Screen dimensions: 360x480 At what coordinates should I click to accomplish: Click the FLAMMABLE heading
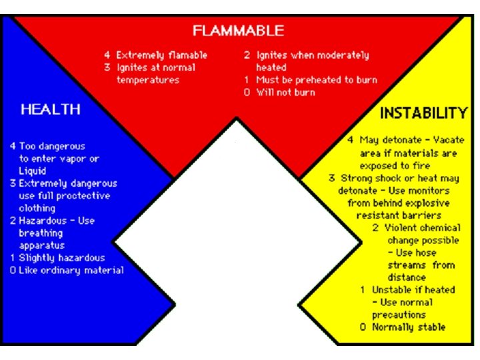coord(238,31)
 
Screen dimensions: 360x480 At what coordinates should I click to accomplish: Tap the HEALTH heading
coord(51,109)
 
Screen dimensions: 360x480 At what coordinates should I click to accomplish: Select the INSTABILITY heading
coord(423,113)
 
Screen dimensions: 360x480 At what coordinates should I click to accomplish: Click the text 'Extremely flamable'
coord(162,55)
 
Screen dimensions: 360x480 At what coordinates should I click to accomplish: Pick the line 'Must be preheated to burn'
coord(317,80)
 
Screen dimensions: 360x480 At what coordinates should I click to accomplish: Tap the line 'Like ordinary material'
coord(71,270)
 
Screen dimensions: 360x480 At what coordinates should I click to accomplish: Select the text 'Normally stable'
coord(409,327)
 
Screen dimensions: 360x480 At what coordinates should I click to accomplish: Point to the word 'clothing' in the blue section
coord(39,208)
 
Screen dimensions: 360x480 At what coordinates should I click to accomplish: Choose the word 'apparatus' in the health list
coord(41,245)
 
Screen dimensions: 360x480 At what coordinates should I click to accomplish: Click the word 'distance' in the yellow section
coord(407,277)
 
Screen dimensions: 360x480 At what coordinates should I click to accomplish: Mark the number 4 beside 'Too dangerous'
coord(12,146)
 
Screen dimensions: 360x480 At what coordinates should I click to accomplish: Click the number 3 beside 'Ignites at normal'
coord(107,67)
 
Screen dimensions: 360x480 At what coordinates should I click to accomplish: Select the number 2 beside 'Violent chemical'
coord(377,227)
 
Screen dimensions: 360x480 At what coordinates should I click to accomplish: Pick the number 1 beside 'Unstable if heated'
coord(362,289)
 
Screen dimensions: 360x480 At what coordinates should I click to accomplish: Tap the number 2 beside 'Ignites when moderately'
coord(247,55)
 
